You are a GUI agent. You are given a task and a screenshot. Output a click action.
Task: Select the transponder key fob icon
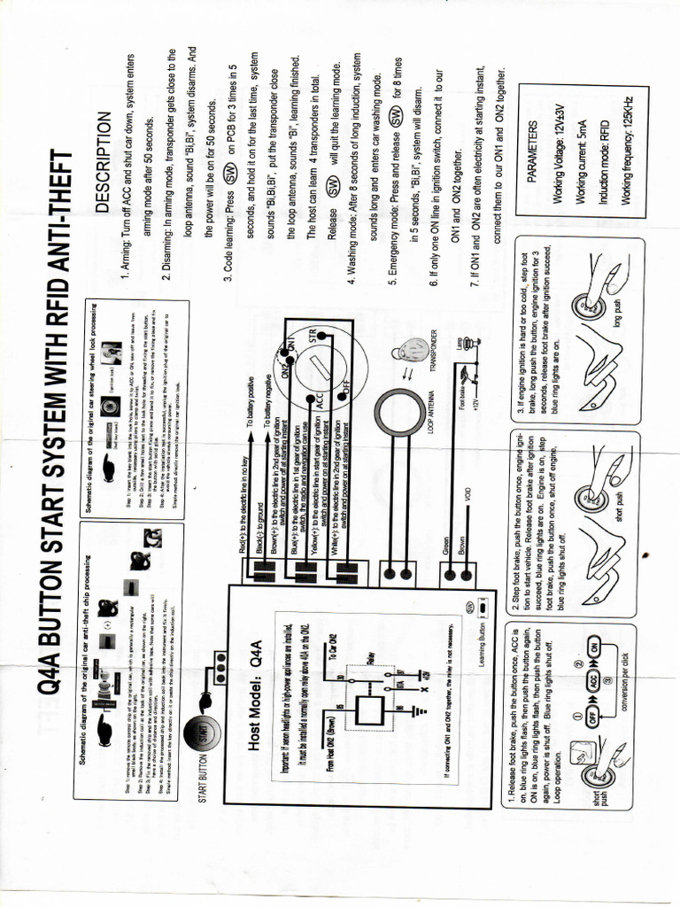pos(407,348)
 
